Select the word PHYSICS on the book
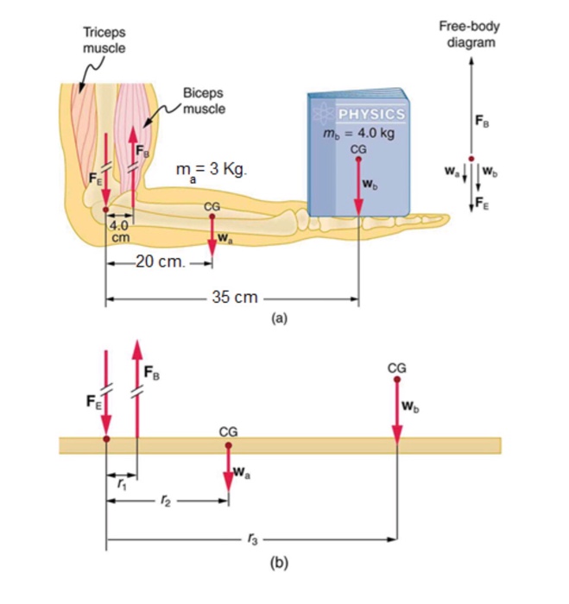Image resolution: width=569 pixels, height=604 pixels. pyautogui.click(x=371, y=114)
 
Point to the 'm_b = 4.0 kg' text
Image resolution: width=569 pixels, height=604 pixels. pyautogui.click(x=359, y=133)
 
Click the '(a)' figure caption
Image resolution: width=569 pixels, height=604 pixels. pyautogui.click(x=279, y=318)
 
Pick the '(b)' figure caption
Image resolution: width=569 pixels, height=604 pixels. pyautogui.click(x=279, y=563)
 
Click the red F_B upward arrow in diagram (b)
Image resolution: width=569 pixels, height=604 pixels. pyautogui.click(x=137, y=388)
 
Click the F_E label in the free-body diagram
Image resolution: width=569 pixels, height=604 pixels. pyautogui.click(x=484, y=204)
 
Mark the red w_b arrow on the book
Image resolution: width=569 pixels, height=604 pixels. pyautogui.click(x=359, y=186)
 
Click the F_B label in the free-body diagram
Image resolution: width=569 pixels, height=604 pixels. pyautogui.click(x=483, y=121)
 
